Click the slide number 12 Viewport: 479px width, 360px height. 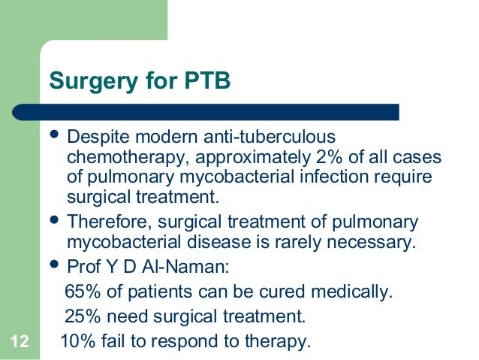click(20, 342)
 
